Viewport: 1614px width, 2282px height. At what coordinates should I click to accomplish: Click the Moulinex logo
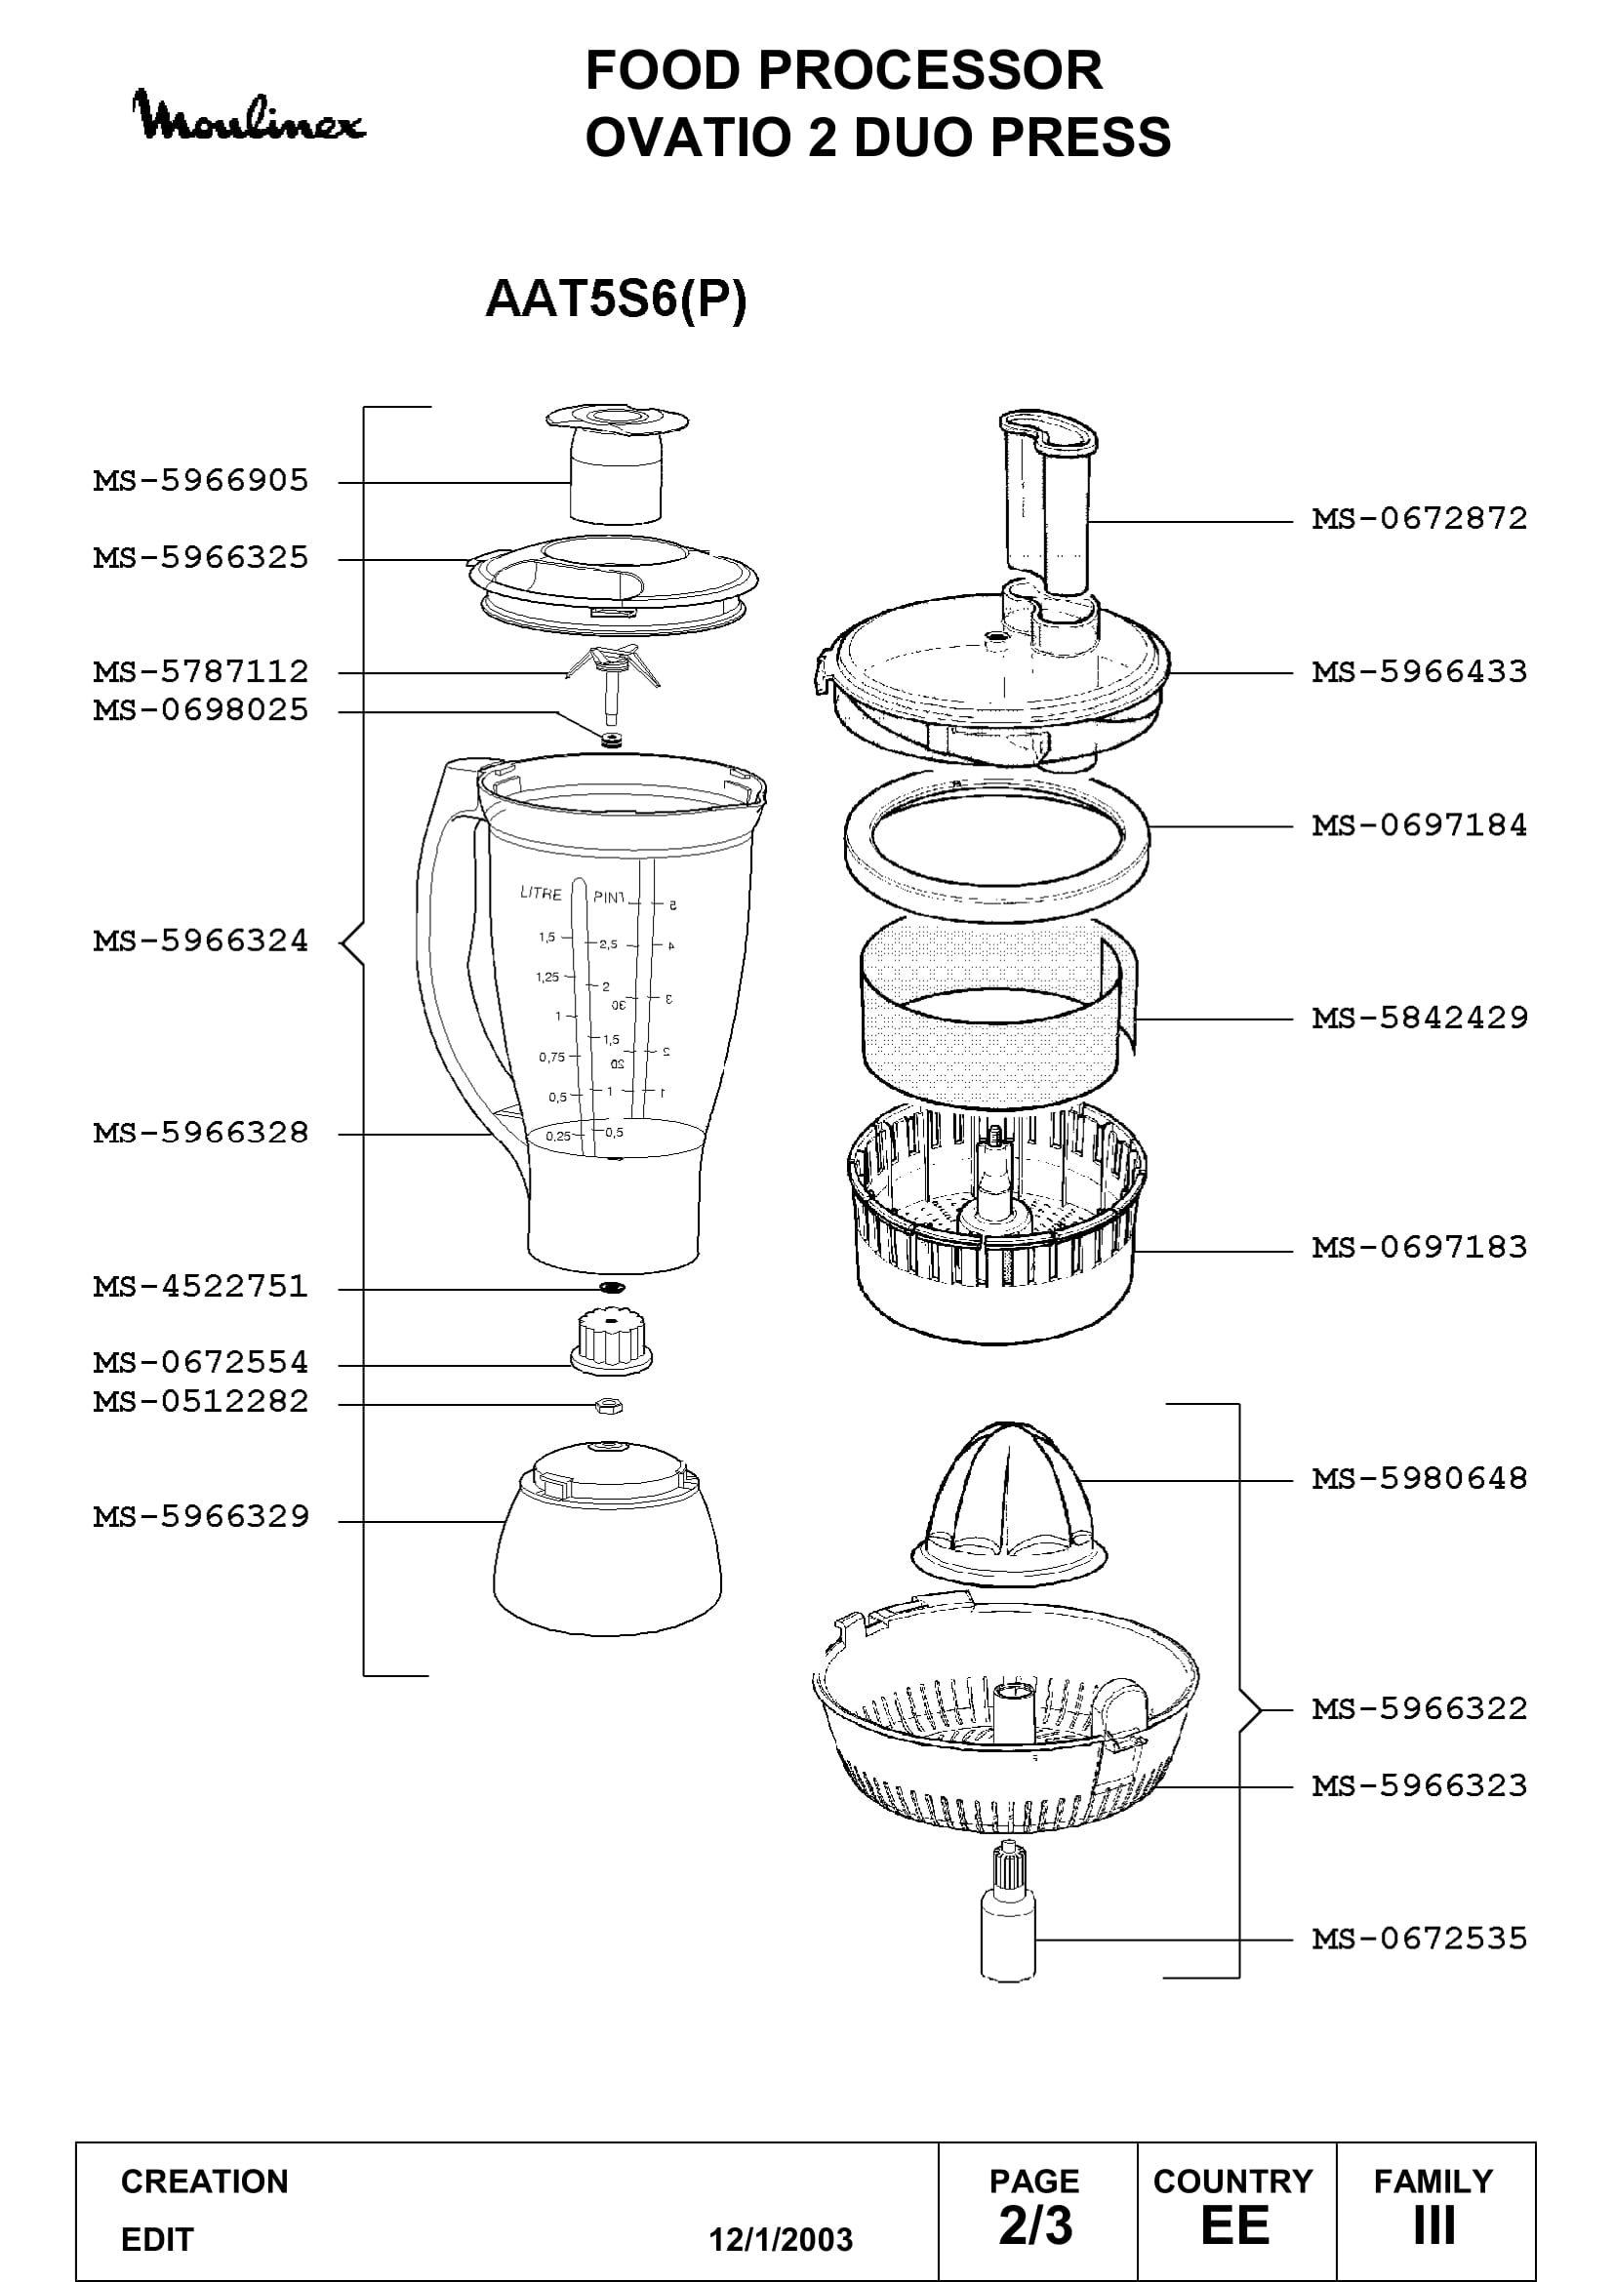pos(249,116)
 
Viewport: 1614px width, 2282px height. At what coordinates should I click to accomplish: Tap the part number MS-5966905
pos(201,481)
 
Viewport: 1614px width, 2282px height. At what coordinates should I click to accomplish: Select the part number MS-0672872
pos(1419,519)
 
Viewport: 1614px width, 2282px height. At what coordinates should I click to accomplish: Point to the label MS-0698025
pos(201,710)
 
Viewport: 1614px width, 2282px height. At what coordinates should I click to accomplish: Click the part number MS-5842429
pos(1419,1018)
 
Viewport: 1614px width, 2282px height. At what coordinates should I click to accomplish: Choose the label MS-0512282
pos(201,1401)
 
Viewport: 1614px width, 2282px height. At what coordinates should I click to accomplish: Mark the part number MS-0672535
pos(1419,1939)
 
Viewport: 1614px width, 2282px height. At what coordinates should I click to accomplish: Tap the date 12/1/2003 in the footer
pos(781,2240)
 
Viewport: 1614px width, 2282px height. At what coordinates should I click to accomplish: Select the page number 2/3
pos(1035,2226)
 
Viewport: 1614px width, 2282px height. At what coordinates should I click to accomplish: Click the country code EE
pos(1235,2226)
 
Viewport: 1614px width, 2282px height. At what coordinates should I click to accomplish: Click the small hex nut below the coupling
pos(608,1405)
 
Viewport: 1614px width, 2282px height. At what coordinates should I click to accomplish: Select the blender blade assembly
pos(612,686)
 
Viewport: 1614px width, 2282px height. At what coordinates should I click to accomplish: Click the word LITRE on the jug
pos(541,893)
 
